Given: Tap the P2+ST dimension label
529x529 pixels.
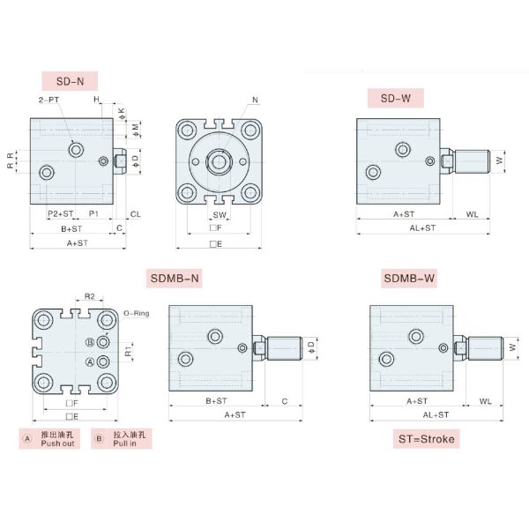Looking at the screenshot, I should pyautogui.click(x=60, y=214).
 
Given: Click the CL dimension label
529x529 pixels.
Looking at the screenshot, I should pyautogui.click(x=136, y=214).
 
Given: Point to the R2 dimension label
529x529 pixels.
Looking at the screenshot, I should pyautogui.click(x=89, y=296).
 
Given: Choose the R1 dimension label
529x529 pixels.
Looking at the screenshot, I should pyautogui.click(x=128, y=352).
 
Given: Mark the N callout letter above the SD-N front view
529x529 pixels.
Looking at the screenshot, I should pyautogui.click(x=255, y=100).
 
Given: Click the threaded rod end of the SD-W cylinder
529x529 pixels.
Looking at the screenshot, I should pyautogui.click(x=474, y=161).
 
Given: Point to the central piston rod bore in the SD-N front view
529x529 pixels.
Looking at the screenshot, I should pyautogui.click(x=215, y=161).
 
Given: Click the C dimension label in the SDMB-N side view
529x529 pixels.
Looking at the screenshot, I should pyautogui.click(x=284, y=400).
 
